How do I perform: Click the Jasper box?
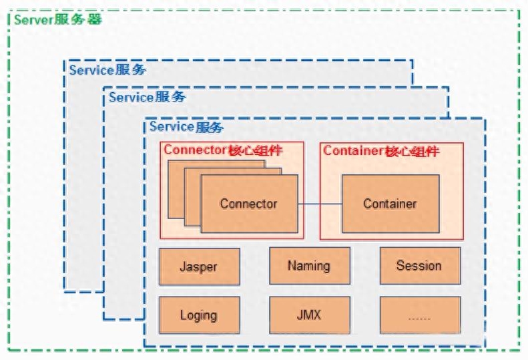pos(200,266)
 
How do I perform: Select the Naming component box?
pos(310,266)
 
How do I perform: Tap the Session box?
pos(421,266)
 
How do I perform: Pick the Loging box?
pos(200,315)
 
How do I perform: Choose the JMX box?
pos(310,315)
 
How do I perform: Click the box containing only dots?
pos(421,315)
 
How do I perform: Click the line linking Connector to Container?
pos(320,204)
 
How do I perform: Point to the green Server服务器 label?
pos(58,19)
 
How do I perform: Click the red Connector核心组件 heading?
pos(223,150)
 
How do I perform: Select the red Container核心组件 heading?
pos(381,151)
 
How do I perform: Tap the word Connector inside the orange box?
pos(248,204)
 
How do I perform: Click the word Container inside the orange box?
pos(390,204)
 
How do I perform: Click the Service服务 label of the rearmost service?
pos(107,69)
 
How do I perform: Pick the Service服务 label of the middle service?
pos(147,97)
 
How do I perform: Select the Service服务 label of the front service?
pos(186,127)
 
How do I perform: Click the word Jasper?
pos(199,266)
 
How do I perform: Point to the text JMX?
pos(309,315)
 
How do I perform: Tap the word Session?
pos(419,266)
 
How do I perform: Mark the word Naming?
pos(309,266)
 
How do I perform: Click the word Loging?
pos(199,315)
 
